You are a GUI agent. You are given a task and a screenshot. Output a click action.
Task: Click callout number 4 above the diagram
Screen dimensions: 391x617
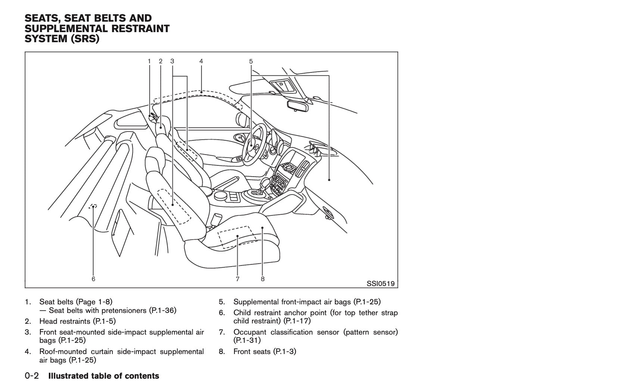point(201,61)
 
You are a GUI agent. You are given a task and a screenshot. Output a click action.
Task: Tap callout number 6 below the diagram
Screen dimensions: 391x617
point(93,279)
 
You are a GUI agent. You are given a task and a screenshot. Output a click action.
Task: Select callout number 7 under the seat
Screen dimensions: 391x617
point(237,279)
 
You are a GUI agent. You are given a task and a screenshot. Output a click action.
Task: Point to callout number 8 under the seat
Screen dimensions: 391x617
point(263,279)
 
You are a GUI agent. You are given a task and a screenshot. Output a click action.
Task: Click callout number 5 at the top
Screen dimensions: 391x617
point(251,61)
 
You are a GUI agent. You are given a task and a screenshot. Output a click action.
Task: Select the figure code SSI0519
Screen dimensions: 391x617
point(380,283)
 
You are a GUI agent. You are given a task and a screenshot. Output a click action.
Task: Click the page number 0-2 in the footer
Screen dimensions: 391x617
point(32,376)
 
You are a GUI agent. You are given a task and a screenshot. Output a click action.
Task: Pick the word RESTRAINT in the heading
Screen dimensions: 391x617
point(137,29)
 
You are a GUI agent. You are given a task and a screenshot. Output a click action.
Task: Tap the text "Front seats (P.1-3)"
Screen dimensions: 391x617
point(265,351)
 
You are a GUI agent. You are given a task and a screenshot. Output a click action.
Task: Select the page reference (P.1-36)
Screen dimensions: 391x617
point(162,310)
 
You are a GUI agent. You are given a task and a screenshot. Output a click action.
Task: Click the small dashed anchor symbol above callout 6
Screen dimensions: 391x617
point(93,206)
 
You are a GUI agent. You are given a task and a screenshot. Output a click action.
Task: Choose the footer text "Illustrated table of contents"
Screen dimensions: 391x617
point(104,376)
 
